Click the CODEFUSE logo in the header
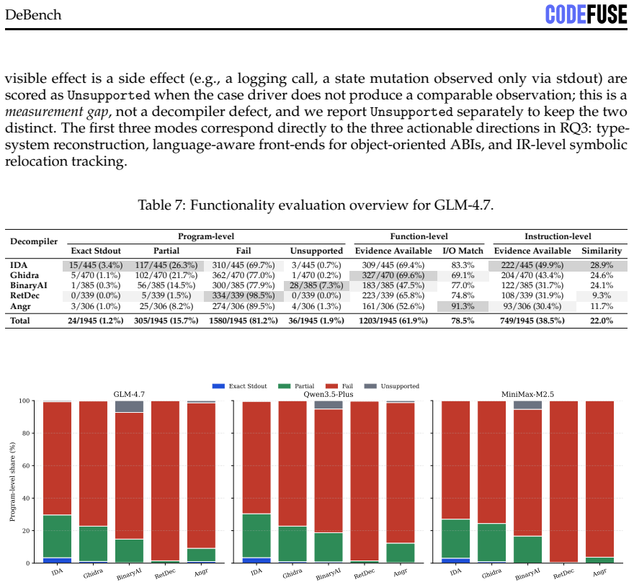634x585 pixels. [x=586, y=14]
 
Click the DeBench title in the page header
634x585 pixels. [x=33, y=15]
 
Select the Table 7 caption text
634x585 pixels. [x=316, y=205]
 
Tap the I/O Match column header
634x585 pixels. [x=463, y=251]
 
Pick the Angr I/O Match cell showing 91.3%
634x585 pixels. [x=463, y=306]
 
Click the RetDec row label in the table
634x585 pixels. [x=24, y=295]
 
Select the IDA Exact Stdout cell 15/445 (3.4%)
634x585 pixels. [x=96, y=265]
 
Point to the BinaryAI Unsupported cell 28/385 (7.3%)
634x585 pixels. [x=316, y=285]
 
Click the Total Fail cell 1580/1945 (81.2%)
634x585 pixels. [x=244, y=321]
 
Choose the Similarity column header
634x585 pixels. [x=602, y=251]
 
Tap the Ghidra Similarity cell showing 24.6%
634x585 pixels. [x=602, y=275]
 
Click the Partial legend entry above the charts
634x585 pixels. [x=296, y=386]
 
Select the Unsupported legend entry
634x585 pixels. [x=392, y=386]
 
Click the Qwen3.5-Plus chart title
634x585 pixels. [x=329, y=394]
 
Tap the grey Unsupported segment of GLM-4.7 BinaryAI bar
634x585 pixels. [x=130, y=406]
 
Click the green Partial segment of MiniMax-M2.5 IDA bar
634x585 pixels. [x=455, y=538]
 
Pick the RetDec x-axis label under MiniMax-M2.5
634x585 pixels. [x=563, y=573]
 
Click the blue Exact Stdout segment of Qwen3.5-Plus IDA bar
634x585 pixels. [x=256, y=561]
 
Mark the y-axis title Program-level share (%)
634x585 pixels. [x=12, y=482]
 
